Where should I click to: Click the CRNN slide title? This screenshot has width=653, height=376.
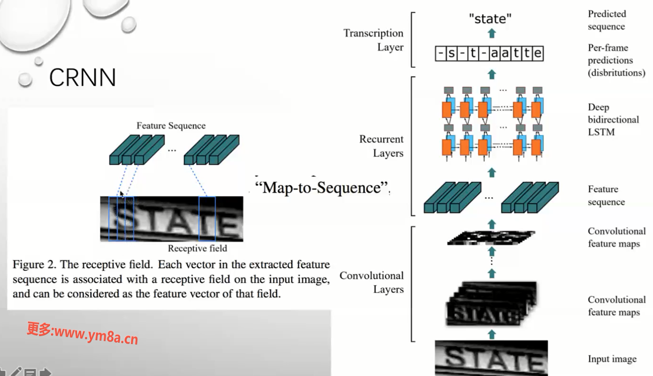click(x=83, y=77)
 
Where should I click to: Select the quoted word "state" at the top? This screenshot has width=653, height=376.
click(x=490, y=19)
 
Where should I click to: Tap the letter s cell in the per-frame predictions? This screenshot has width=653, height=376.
click(x=451, y=54)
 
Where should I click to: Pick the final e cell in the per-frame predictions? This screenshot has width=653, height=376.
click(x=538, y=54)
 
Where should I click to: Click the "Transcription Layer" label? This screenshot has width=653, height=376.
click(x=373, y=40)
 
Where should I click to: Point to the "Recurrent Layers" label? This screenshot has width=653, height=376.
click(x=381, y=146)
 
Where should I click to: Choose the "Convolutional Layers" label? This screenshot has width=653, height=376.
click(x=372, y=282)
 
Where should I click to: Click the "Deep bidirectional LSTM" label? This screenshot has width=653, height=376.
click(x=613, y=120)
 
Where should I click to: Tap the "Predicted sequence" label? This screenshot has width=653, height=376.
click(x=607, y=20)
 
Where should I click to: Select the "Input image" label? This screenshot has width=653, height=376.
click(x=612, y=359)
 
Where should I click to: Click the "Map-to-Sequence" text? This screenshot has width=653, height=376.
click(x=322, y=187)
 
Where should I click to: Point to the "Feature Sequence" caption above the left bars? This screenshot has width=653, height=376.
click(x=171, y=126)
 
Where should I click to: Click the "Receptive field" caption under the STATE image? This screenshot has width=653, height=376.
click(x=197, y=248)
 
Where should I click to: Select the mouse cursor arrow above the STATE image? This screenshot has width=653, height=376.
click(x=121, y=194)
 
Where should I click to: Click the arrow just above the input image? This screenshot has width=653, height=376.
click(x=492, y=334)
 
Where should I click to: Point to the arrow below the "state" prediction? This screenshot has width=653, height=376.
click(x=492, y=33)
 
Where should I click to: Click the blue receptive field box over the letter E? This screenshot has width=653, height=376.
click(x=207, y=218)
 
